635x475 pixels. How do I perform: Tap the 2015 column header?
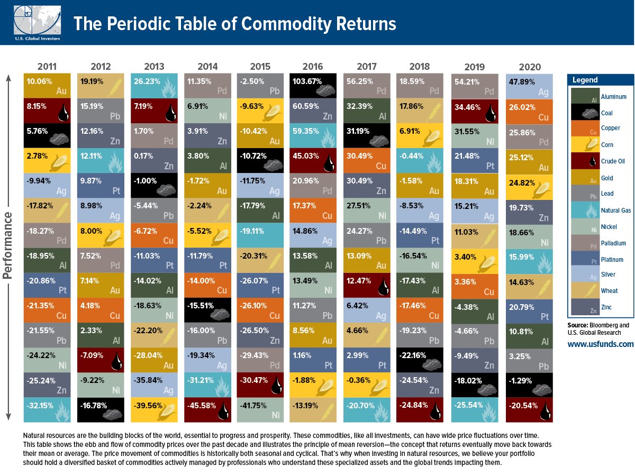(x=260, y=67)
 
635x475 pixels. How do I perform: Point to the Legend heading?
(x=585, y=80)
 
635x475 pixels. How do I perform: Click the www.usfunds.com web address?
(x=600, y=344)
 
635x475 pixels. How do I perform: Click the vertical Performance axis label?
(x=8, y=246)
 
